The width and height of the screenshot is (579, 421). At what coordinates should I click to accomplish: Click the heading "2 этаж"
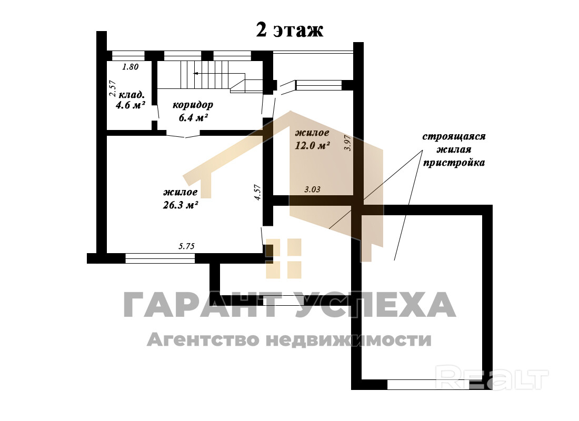289,30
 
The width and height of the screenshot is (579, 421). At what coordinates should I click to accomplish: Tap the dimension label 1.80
131,67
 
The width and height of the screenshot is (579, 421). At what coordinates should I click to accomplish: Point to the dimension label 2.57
113,88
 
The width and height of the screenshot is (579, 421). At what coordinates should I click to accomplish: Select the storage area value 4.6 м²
130,105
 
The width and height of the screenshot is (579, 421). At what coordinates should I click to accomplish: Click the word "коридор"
193,105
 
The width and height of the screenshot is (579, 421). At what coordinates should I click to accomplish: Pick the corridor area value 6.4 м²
193,118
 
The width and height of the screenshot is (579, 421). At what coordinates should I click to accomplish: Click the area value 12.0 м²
312,145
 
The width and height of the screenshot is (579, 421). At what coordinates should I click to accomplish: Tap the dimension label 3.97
347,143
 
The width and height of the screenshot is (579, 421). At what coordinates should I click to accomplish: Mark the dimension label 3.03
312,189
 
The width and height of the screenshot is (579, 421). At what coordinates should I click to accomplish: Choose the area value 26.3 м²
180,205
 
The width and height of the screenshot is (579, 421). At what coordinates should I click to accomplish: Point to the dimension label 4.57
257,193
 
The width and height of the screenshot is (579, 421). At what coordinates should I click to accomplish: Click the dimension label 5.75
186,246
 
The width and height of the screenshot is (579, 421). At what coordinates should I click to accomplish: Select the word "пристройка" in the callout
453,163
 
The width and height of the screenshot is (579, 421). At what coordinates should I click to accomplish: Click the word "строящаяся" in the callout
454,136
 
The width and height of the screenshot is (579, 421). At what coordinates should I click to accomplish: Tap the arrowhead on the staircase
195,74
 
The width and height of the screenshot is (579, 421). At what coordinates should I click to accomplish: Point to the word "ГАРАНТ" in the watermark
200,305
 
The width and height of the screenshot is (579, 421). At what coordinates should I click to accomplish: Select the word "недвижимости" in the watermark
348,339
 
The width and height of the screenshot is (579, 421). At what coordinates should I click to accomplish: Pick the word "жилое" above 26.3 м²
180,192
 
